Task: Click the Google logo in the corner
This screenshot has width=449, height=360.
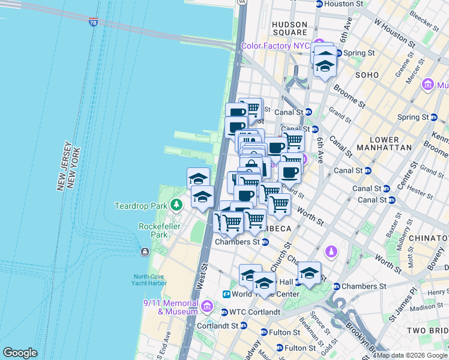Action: point(20,353)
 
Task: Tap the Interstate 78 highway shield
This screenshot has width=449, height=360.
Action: point(92,22)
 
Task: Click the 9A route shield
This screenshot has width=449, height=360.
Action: point(242,2)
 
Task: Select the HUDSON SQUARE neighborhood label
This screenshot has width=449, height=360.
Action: point(289,28)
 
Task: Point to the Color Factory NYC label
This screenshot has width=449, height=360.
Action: point(275,46)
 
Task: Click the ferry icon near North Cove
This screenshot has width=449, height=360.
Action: point(145,251)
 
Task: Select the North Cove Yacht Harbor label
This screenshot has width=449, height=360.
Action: point(150,280)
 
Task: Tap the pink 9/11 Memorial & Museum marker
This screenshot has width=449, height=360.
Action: point(206,307)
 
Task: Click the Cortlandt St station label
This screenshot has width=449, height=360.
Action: point(218,326)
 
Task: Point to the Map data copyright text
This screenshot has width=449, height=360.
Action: point(411,355)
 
